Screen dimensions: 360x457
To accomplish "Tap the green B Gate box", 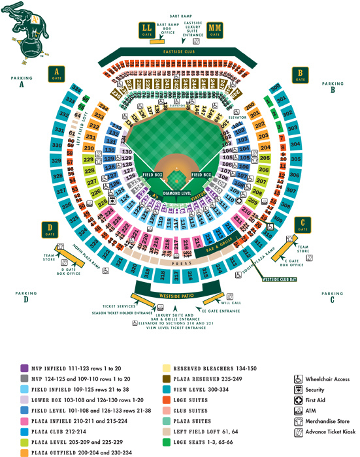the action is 300,74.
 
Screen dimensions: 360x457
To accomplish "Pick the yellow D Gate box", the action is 50,228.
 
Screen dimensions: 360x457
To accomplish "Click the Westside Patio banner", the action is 178,296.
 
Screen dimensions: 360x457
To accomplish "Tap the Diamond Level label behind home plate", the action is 177,194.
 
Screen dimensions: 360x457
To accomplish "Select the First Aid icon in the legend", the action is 299,400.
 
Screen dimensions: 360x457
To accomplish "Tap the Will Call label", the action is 231,303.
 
